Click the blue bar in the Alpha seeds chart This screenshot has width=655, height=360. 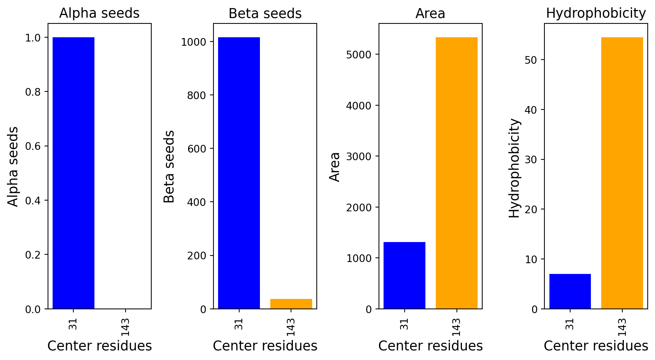click(x=73, y=173)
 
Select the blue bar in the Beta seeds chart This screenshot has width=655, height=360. click(x=239, y=173)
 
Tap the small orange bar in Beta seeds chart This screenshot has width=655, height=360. click(x=291, y=304)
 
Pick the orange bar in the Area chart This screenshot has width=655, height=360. click(x=457, y=173)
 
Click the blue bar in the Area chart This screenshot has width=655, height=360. click(x=404, y=275)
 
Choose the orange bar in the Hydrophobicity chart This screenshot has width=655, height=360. click(x=622, y=173)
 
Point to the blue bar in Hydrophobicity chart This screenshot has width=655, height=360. click(x=570, y=291)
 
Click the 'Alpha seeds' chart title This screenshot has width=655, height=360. click(x=99, y=13)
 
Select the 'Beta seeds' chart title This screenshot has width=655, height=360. click(x=265, y=13)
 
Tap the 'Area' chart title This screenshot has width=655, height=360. click(x=430, y=13)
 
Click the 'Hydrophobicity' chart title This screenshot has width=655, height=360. click(x=596, y=13)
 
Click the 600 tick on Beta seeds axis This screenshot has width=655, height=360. click(x=197, y=149)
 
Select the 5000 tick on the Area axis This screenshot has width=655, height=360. click(x=359, y=55)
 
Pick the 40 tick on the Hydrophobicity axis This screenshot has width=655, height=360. click(x=531, y=110)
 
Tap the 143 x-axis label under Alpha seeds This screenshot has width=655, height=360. click(x=125, y=327)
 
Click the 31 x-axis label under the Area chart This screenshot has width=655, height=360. click(x=404, y=324)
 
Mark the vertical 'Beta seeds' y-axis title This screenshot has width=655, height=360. click(x=169, y=166)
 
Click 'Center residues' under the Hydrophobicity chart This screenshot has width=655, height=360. click(x=596, y=346)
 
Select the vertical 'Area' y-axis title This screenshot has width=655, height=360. click(x=335, y=166)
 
